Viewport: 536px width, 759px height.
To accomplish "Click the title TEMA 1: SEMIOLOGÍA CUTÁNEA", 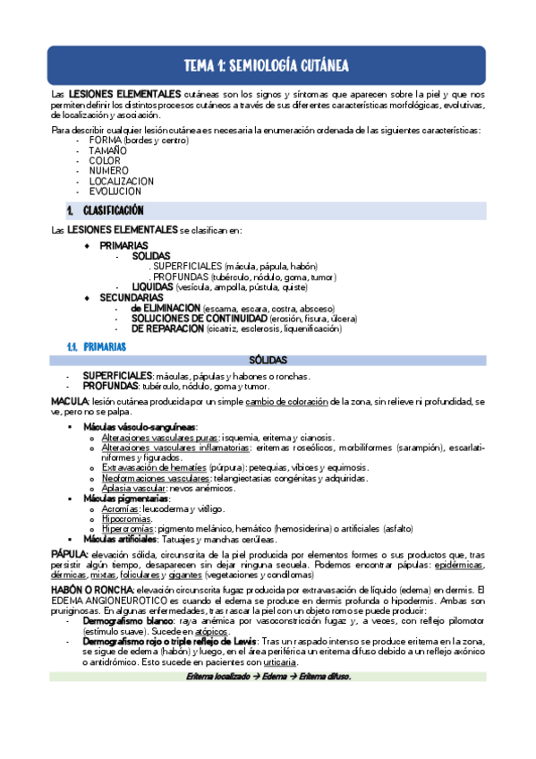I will coord(266,65).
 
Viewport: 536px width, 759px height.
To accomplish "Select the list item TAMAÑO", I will coord(107,151).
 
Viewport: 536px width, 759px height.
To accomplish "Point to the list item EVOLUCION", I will coord(115,191).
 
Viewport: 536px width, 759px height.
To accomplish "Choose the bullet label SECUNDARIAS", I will coord(125,297).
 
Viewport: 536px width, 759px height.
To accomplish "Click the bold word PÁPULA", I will coord(69,555).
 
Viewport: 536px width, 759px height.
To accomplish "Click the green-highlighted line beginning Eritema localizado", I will coord(268,676).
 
